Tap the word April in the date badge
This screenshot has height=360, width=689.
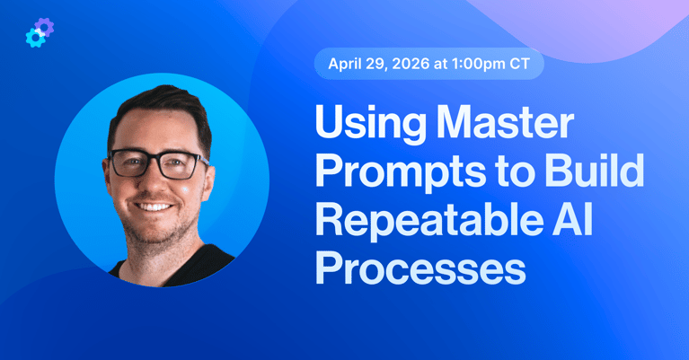coord(347,65)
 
